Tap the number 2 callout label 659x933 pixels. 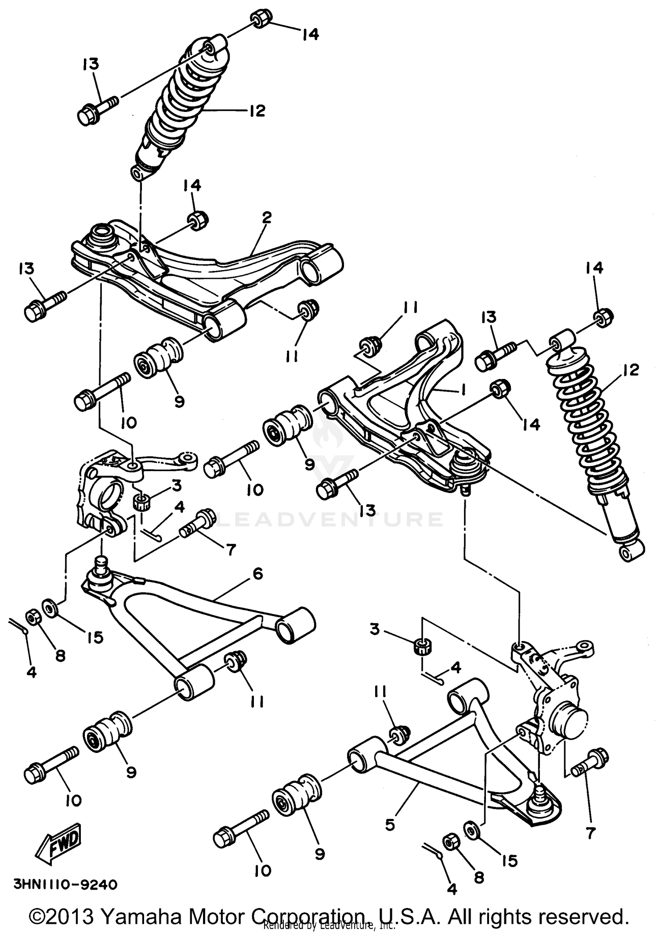tap(266, 217)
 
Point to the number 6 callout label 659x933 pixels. tap(257, 573)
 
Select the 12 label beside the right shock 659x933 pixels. tap(631, 370)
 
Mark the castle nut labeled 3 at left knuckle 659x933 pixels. tap(141, 501)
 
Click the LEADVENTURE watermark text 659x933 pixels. tap(329, 520)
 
